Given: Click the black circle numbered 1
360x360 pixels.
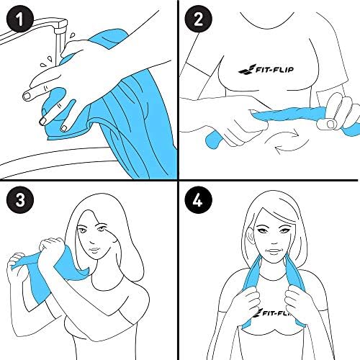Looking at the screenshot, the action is point(20,19).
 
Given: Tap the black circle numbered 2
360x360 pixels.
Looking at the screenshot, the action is point(198,19).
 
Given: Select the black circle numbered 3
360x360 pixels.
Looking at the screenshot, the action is point(20,199).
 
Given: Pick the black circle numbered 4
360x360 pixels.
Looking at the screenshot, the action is point(198,199).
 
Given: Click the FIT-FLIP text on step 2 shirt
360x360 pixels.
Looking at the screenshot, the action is point(275,70).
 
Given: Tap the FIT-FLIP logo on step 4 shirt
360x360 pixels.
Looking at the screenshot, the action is point(272,312).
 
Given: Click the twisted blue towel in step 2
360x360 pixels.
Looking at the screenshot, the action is point(288,114).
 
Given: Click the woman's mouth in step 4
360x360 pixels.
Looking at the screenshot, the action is point(273,251).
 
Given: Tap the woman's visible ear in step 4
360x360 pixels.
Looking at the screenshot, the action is point(250,235).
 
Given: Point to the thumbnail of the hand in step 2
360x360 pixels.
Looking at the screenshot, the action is point(330,124).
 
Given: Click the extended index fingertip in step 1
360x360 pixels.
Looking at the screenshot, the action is point(26,96).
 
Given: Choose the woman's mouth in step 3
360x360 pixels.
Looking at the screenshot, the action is point(94,250).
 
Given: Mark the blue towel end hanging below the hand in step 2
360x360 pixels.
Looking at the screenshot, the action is point(215,140).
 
